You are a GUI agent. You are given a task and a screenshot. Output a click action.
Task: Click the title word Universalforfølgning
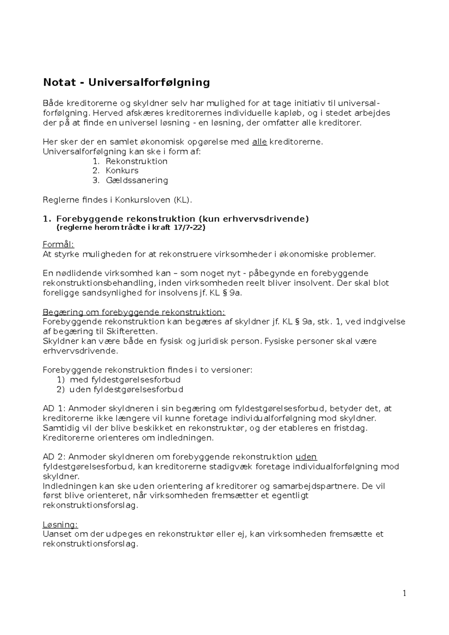click(x=149, y=82)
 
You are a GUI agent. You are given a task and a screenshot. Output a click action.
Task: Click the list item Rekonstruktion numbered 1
click(x=136, y=161)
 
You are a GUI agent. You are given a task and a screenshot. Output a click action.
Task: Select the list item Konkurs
click(x=122, y=171)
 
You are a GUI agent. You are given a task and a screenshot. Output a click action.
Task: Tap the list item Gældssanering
click(x=137, y=180)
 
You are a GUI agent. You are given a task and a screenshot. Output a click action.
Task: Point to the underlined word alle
click(x=260, y=142)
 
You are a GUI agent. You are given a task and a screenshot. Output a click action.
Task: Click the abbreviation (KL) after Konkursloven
click(x=183, y=200)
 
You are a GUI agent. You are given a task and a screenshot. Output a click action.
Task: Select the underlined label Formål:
click(x=59, y=245)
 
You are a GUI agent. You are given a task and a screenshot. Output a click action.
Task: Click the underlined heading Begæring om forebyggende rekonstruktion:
click(x=134, y=312)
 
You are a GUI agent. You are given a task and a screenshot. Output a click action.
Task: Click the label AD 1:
click(x=55, y=408)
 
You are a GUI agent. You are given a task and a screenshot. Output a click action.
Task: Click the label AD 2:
click(x=55, y=457)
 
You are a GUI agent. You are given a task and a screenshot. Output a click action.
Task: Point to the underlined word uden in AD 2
click(x=306, y=457)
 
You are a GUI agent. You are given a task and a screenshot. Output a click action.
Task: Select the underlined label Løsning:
click(x=60, y=525)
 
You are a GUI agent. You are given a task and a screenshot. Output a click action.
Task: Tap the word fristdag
click(x=351, y=428)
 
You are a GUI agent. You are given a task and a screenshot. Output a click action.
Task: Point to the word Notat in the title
click(x=59, y=82)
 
